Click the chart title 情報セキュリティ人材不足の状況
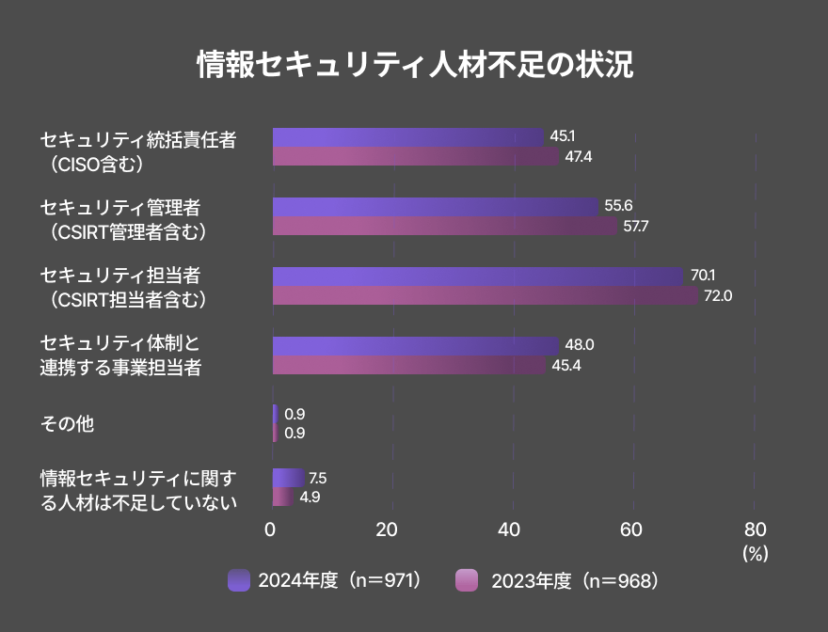coord(414,65)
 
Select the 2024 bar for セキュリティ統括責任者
coord(407,137)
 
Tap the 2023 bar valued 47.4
coord(415,156)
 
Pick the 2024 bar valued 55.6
coord(435,207)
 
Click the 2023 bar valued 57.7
coord(444,226)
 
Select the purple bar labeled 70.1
coord(477,276)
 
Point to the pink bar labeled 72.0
coord(485,295)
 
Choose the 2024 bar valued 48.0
coord(415,345)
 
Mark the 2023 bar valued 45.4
coord(408,365)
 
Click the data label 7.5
coord(317,478)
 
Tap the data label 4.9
coord(310,497)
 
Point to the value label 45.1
coord(563,136)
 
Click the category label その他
coord(67,424)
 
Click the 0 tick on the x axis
coord(271,529)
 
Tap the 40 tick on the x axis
coord(509,529)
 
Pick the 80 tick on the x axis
coord(755,529)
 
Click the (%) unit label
coord(755,554)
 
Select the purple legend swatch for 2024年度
coord(239,580)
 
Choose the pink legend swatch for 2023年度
coord(466,580)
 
